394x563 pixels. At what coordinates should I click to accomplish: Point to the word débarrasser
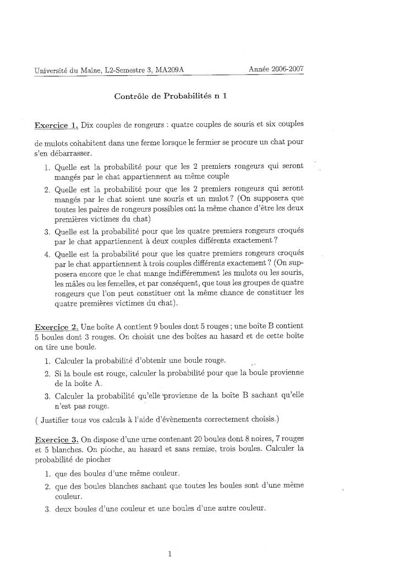(x=69, y=153)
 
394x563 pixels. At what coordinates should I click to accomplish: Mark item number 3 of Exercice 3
(x=47, y=509)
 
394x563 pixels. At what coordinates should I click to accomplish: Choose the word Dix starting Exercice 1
(x=89, y=125)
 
